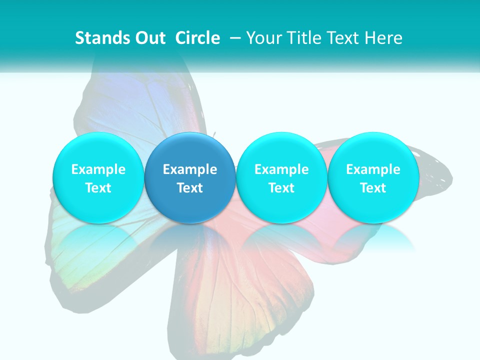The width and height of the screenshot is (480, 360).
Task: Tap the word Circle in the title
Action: pyautogui.click(x=197, y=38)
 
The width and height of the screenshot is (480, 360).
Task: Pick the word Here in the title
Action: pyautogui.click(x=384, y=38)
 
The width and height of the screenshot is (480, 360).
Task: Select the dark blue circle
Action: pyautogui.click(x=190, y=178)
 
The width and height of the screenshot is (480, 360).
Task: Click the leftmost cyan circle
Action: pyautogui.click(x=98, y=178)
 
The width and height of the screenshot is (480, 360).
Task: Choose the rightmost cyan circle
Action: pyautogui.click(x=373, y=178)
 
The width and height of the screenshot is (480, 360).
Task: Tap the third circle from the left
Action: pyautogui.click(x=281, y=178)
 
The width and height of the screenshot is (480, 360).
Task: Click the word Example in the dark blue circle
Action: pyautogui.click(x=190, y=169)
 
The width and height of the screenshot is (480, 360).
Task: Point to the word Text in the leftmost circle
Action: pyautogui.click(x=98, y=188)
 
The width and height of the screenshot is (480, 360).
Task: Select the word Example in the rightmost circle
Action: pyautogui.click(x=373, y=169)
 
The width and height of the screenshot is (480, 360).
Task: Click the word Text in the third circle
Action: pyautogui.click(x=281, y=188)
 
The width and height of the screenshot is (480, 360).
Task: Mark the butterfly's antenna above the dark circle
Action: pyautogui.click(x=214, y=135)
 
